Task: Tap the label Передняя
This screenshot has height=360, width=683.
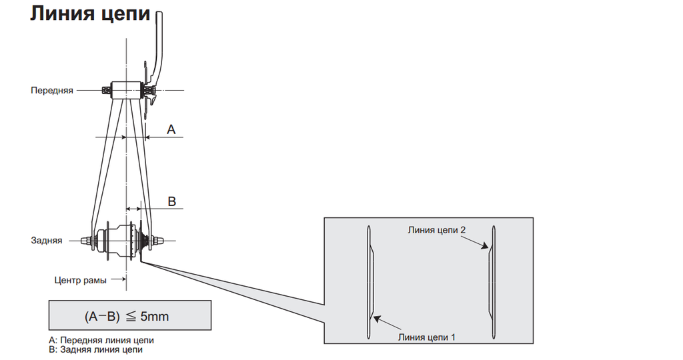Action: (x=52, y=90)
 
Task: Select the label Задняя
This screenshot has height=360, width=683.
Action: (x=47, y=240)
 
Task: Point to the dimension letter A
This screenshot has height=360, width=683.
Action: (x=171, y=130)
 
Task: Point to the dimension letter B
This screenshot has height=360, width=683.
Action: (x=171, y=201)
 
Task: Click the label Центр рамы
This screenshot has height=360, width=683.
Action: (x=80, y=280)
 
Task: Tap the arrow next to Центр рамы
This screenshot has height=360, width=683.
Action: (x=118, y=280)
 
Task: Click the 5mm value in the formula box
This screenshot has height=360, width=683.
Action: (x=155, y=316)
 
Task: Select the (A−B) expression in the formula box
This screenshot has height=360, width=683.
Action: (x=100, y=316)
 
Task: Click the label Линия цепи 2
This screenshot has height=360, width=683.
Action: (x=437, y=229)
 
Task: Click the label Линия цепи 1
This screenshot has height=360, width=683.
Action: (x=427, y=337)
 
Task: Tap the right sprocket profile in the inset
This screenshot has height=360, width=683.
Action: (x=492, y=280)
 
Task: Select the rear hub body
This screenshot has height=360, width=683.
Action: (x=117, y=240)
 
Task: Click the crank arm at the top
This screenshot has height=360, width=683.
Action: (x=159, y=47)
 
